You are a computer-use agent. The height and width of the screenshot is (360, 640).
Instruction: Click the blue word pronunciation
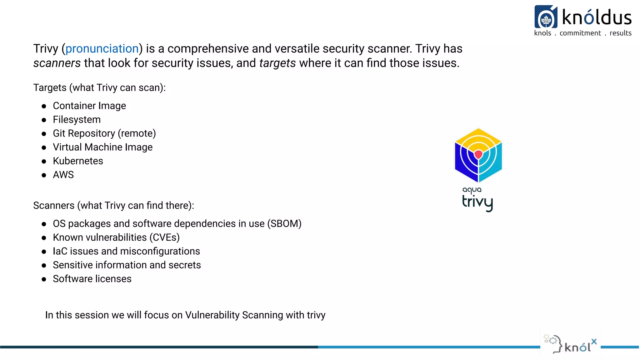pyautogui.click(x=102, y=49)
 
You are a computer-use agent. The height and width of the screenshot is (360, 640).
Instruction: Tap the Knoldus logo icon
pyautogui.click(x=546, y=17)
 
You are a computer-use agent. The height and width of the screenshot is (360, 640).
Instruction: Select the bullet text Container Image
pyautogui.click(x=89, y=106)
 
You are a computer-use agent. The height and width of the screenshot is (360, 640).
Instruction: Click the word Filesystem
pyautogui.click(x=77, y=120)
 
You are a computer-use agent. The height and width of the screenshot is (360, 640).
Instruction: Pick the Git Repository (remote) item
pyautogui.click(x=104, y=133)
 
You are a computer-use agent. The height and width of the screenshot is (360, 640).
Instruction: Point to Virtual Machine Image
pyautogui.click(x=102, y=147)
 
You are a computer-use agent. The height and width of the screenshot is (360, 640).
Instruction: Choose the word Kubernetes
pyautogui.click(x=78, y=161)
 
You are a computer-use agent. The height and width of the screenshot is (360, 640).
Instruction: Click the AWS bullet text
pyautogui.click(x=63, y=175)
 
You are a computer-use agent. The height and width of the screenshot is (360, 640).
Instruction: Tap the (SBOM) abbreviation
pyautogui.click(x=284, y=224)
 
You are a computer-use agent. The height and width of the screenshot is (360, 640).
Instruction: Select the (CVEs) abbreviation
pyautogui.click(x=164, y=237)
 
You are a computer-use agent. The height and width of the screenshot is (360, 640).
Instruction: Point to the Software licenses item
pyautogui.click(x=92, y=279)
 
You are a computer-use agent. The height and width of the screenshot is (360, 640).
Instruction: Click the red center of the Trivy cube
pyautogui.click(x=478, y=154)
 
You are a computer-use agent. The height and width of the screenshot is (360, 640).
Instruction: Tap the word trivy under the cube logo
pyautogui.click(x=477, y=202)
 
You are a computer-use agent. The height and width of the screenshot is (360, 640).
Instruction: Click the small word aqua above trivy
pyautogui.click(x=472, y=190)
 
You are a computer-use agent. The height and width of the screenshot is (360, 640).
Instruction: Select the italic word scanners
pyautogui.click(x=57, y=63)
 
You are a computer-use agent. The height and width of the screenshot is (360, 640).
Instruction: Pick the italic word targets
pyautogui.click(x=277, y=63)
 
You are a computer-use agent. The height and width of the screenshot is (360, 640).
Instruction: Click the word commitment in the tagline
pyautogui.click(x=580, y=33)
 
